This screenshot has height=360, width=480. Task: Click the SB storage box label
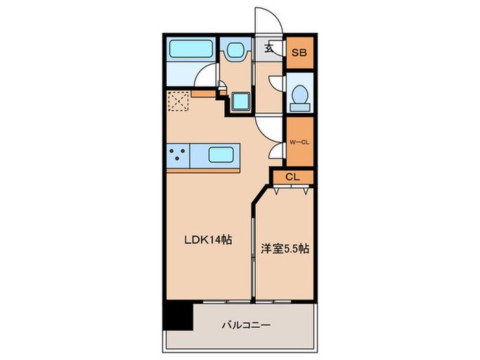click(x=299, y=53)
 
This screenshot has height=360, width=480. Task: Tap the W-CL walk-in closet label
click(x=300, y=142)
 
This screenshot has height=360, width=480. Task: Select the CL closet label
click(x=293, y=177)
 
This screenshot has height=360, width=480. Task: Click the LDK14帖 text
click(x=208, y=240)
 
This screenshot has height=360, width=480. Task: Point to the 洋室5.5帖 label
click(x=285, y=248)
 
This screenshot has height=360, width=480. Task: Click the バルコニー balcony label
click(x=246, y=325)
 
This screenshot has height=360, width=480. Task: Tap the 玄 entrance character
click(x=269, y=48)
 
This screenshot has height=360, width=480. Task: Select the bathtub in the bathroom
click(x=191, y=49)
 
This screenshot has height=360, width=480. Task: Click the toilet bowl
click(x=300, y=95)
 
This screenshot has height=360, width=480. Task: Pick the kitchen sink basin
click(x=221, y=154)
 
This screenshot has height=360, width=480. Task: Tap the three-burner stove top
click(x=178, y=155)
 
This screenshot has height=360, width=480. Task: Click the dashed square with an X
click(x=179, y=101)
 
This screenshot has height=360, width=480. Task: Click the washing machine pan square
click(x=241, y=101)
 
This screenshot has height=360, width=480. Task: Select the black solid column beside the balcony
click(x=178, y=317)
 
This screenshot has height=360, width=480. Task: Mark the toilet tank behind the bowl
click(x=300, y=107)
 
